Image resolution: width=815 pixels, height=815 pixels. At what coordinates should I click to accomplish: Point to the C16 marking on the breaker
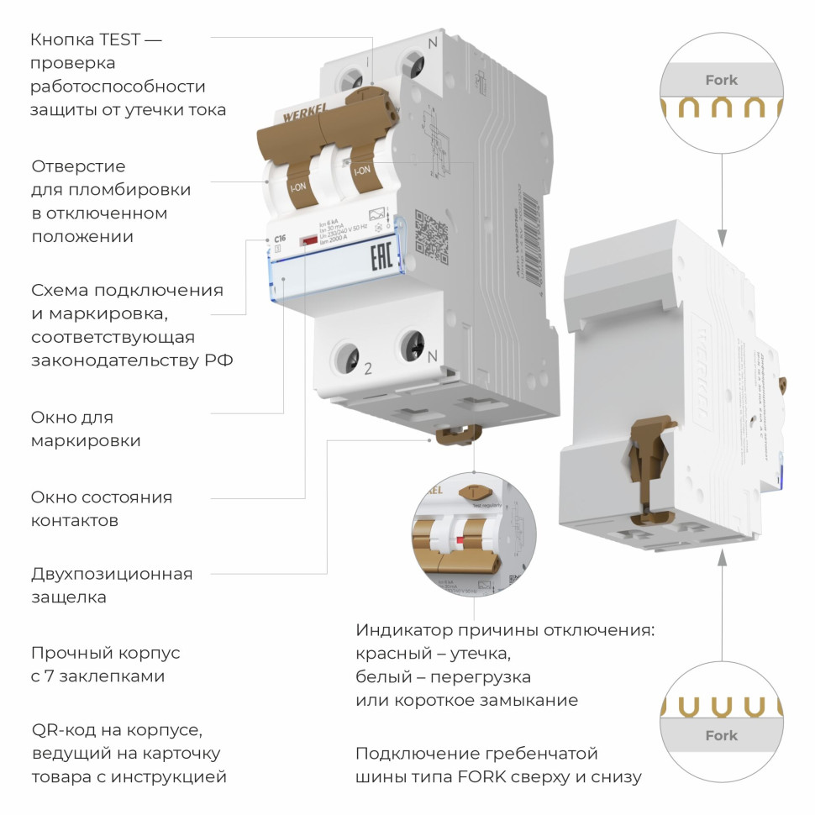[x=280, y=239]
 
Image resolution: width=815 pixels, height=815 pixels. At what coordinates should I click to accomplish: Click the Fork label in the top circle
[x=721, y=81]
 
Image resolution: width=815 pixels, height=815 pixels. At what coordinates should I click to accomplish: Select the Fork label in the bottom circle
[x=721, y=735]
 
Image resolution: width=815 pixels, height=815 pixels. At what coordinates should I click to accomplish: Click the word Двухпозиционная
[x=112, y=575]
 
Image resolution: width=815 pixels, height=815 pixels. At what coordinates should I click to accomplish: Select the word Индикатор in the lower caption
[x=404, y=630]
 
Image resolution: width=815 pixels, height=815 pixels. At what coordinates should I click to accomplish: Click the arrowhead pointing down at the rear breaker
[x=721, y=233]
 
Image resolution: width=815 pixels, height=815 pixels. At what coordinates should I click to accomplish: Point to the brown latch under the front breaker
[x=455, y=434]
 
